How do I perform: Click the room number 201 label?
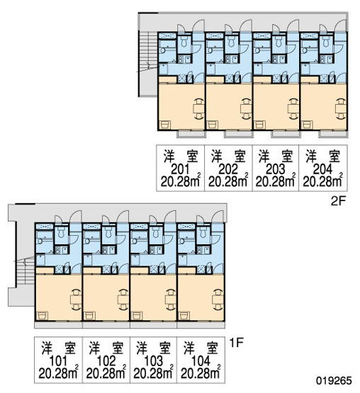click(181, 170)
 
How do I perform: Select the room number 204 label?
click(323, 170)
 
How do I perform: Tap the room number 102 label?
click(106, 361)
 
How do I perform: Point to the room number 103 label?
click(153, 361)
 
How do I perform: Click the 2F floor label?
click(339, 201)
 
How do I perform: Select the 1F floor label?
click(237, 343)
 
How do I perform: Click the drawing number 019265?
click(334, 380)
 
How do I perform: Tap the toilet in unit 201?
click(184, 42)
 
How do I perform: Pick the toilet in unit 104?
click(203, 233)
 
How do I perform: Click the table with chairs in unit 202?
click(246, 108)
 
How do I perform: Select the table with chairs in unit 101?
click(76, 300)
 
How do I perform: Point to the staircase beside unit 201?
click(148, 64)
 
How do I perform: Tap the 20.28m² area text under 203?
click(275, 181)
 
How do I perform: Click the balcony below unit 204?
click(333, 135)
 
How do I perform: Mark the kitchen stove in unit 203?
click(275, 59)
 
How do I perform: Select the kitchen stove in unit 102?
click(106, 251)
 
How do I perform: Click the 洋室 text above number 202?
click(227, 156)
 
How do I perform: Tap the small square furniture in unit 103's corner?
click(137, 316)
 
